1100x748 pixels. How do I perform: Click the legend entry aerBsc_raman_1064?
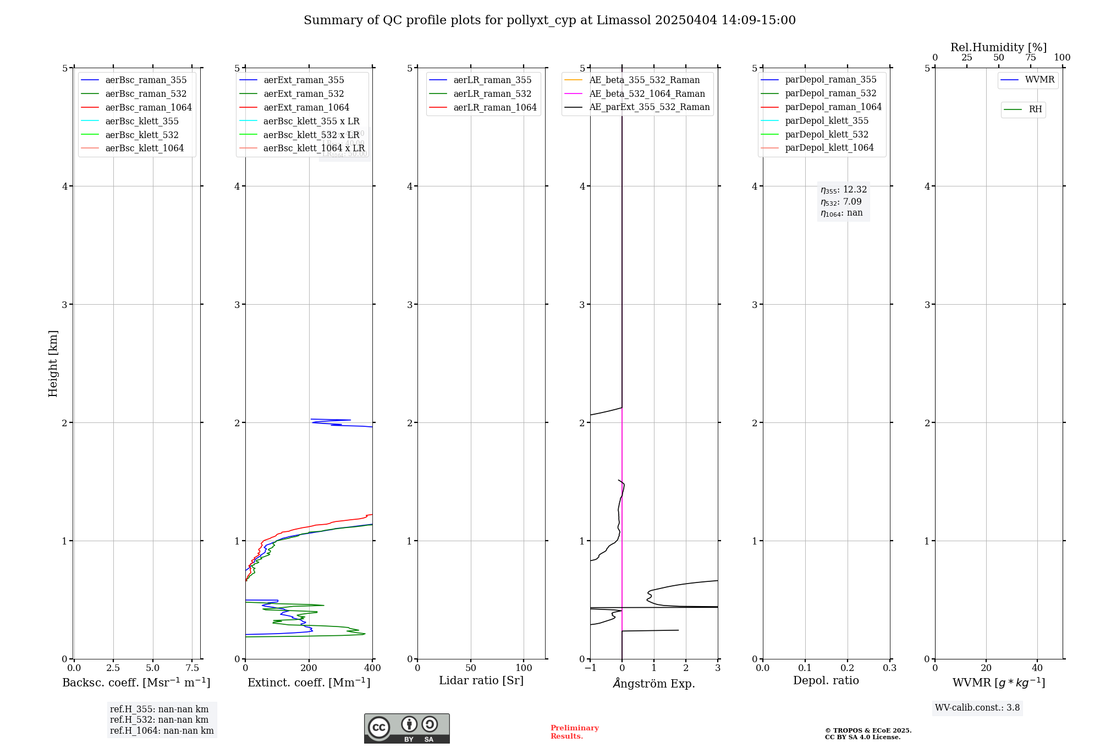click(148, 108)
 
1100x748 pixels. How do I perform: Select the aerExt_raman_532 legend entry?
click(304, 94)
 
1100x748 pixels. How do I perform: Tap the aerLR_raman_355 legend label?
click(492, 80)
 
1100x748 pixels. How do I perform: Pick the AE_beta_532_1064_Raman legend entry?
click(647, 94)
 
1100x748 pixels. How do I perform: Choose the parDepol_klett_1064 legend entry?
click(829, 148)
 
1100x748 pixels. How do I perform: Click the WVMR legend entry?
click(1039, 80)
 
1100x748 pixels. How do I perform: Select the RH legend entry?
click(1035, 109)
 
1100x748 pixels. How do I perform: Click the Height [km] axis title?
click(53, 364)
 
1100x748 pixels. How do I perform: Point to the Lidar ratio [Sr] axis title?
click(481, 681)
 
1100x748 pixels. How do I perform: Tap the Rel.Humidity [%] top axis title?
click(998, 47)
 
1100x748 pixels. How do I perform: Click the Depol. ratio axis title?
click(826, 681)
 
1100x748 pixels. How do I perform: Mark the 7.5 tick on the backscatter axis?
click(192, 668)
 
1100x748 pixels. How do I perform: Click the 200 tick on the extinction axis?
click(309, 668)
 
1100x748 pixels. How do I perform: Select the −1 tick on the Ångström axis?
click(590, 668)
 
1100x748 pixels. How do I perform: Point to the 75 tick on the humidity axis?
click(1030, 58)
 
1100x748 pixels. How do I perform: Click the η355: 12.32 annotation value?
click(844, 190)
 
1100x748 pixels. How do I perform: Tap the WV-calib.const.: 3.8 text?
click(977, 708)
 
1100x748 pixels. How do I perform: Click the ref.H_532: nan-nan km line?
click(159, 720)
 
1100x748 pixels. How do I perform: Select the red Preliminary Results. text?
click(574, 732)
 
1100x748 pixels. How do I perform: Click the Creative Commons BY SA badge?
click(406, 728)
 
